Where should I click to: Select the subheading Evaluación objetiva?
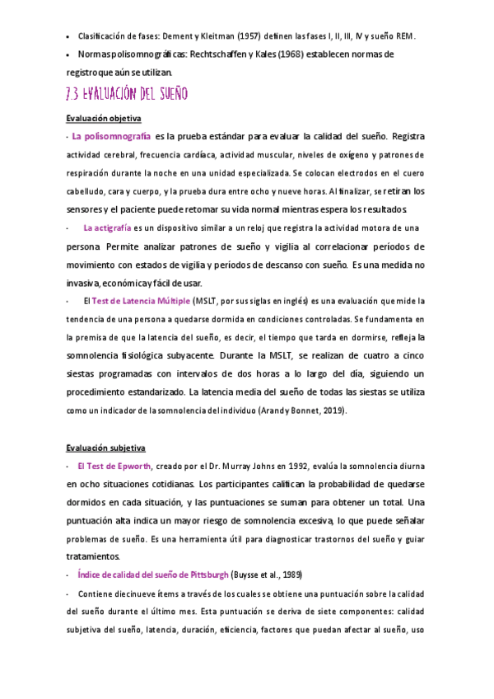point(103,118)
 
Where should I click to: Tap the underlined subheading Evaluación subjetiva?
point(105,448)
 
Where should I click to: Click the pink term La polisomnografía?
point(111,135)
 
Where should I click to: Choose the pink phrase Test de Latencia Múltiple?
point(141,301)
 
